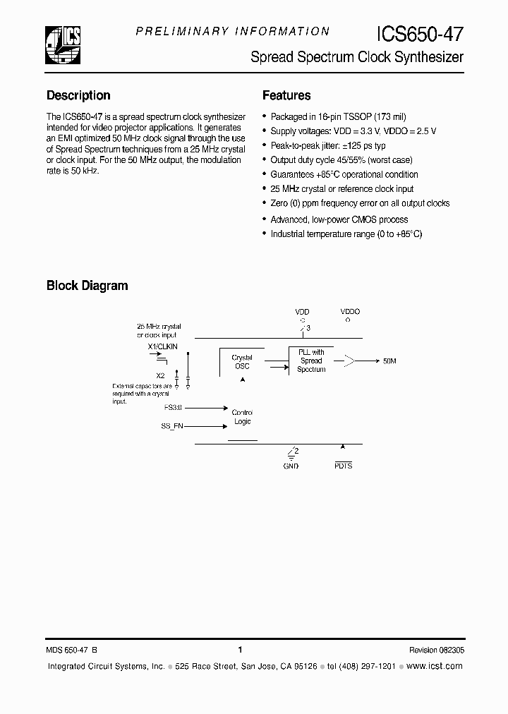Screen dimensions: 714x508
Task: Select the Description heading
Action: pos(78,95)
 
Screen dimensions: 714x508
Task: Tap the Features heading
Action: pos(286,95)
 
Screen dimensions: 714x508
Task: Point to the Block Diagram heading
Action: pos(87,286)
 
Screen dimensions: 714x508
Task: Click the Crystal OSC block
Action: pos(242,362)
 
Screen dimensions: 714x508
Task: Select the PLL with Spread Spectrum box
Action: pos(310,361)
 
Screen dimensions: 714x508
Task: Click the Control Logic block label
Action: pos(242,417)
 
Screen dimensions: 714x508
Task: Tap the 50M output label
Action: pos(389,361)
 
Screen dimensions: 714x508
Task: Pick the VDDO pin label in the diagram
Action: pos(349,311)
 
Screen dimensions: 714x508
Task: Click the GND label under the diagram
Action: pos(291,466)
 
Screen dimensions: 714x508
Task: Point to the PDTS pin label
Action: pos(344,466)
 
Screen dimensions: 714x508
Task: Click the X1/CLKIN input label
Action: pos(162,346)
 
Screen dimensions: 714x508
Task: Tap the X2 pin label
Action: pos(160,375)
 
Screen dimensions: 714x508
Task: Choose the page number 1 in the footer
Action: pos(241,650)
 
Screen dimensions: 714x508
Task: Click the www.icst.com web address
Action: pos(435,666)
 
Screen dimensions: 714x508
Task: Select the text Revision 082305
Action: pos(436,650)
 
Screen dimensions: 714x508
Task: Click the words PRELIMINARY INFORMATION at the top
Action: pos(232,31)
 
